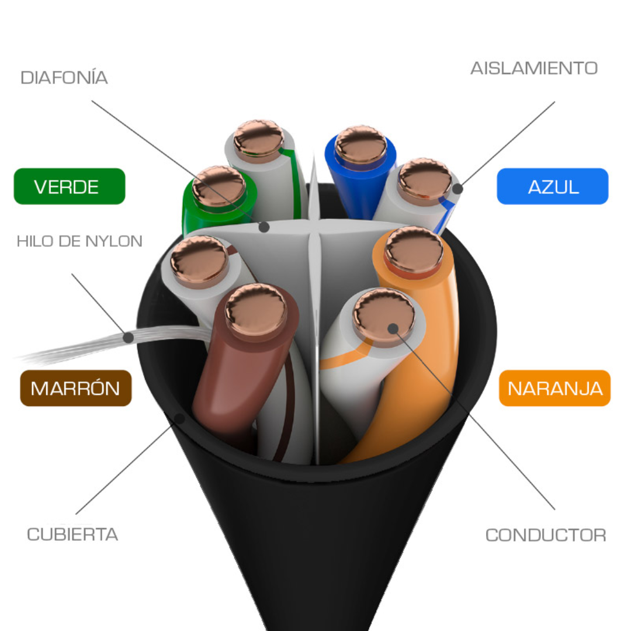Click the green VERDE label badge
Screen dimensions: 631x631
point(70,186)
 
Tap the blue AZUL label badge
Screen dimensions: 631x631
point(553,186)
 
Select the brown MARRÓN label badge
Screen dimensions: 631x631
point(75,388)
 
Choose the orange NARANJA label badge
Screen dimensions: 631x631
point(554,388)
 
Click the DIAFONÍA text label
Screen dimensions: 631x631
point(64,77)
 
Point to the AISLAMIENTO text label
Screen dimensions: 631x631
point(534,68)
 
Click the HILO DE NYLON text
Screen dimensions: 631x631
point(79,241)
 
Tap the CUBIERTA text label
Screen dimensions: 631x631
point(72,535)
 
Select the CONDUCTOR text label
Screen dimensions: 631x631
point(546,535)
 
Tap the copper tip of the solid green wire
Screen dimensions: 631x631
point(219,186)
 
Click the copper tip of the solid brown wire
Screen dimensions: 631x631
point(256,310)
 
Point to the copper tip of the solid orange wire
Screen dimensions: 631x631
point(414,249)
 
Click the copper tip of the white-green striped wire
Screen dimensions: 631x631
point(259,138)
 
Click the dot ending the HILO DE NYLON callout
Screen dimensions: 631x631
point(129,337)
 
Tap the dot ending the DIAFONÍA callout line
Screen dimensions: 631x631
point(264,227)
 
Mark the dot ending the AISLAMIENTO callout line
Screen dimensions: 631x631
point(457,188)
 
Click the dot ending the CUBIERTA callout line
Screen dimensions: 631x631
point(180,419)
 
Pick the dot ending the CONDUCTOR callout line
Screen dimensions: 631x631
point(393,329)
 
